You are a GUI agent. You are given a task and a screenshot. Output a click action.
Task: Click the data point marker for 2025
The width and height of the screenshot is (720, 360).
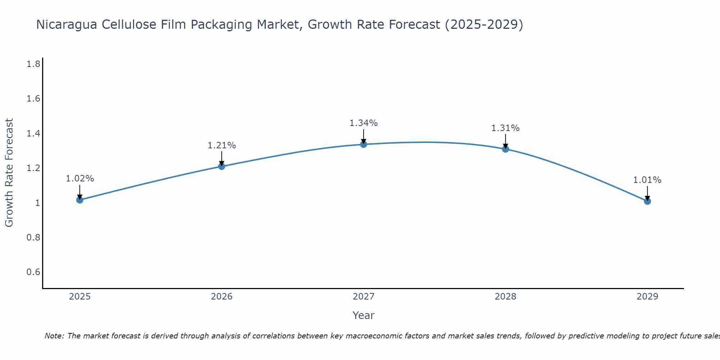tap(80, 200)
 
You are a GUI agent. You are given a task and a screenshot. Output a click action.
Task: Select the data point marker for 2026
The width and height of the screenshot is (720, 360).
tap(222, 166)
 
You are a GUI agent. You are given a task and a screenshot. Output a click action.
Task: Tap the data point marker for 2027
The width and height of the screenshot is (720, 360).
tap(364, 144)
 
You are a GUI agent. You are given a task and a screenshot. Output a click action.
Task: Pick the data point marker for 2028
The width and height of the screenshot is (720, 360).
tap(505, 149)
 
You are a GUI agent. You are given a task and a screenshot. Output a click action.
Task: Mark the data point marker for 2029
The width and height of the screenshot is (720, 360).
tap(647, 201)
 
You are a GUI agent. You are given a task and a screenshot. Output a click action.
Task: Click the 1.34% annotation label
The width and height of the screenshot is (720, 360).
tap(364, 123)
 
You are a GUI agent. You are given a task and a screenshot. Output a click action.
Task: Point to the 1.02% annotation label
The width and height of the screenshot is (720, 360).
tap(80, 179)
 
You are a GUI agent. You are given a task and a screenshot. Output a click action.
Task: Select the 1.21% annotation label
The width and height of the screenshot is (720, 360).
tap(222, 145)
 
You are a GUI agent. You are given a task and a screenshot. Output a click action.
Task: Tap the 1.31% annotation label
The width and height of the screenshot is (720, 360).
tap(505, 128)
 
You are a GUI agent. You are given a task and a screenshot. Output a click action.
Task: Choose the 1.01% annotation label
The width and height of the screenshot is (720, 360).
tap(647, 180)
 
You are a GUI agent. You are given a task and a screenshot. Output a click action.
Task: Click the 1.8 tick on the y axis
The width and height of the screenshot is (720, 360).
tap(33, 64)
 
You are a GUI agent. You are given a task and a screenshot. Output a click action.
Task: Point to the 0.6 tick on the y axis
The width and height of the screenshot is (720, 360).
tap(33, 272)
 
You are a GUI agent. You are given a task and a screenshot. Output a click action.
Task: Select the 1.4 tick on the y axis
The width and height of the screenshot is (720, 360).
tap(33, 134)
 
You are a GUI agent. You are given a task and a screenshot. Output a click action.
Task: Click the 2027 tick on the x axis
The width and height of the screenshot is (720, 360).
tap(364, 297)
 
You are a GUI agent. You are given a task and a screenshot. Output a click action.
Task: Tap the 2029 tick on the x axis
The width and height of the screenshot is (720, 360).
tap(647, 297)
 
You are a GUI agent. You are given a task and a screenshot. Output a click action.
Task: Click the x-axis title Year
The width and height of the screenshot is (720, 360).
tap(364, 315)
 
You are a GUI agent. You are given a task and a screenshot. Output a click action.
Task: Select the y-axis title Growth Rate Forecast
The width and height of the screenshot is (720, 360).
tap(9, 173)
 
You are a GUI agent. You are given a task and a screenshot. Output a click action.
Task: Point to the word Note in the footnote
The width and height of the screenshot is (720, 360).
tap(54, 336)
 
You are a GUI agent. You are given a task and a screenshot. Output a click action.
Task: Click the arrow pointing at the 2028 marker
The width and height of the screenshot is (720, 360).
tap(505, 141)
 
